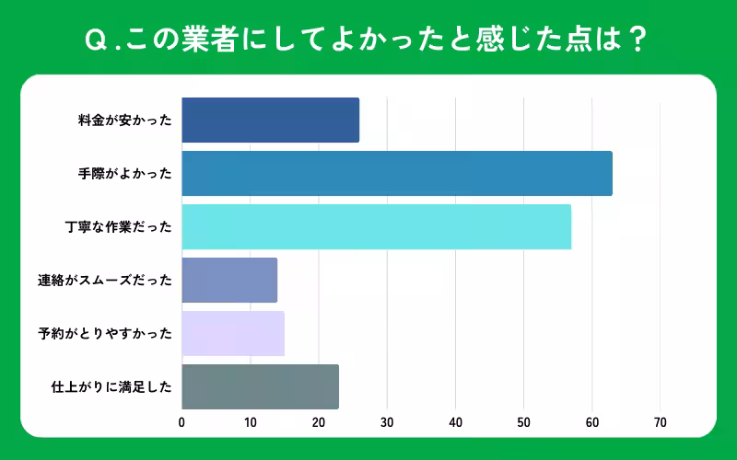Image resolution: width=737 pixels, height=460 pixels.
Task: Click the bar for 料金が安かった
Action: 270,120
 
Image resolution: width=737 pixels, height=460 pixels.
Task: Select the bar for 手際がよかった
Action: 396,173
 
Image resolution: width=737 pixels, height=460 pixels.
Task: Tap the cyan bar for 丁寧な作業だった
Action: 376,226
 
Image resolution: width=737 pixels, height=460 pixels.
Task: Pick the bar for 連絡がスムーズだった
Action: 229,280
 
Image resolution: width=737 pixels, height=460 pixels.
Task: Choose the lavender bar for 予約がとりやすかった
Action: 232,333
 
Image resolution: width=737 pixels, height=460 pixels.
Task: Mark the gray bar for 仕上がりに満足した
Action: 260,386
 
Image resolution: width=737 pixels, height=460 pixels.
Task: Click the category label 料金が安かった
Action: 125,120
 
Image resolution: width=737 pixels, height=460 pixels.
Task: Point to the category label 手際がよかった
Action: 125,173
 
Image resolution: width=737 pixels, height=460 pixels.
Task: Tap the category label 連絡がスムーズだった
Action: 111,280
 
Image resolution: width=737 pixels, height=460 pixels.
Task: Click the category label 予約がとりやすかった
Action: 111,333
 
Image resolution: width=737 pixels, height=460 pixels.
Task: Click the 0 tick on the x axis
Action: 181,423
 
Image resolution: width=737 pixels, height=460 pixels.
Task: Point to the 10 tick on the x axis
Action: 250,423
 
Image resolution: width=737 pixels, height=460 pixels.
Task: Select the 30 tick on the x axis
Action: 387,423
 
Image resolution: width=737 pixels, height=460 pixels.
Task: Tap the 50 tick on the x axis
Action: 523,423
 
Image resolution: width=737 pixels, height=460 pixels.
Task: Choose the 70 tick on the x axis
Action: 661,423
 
